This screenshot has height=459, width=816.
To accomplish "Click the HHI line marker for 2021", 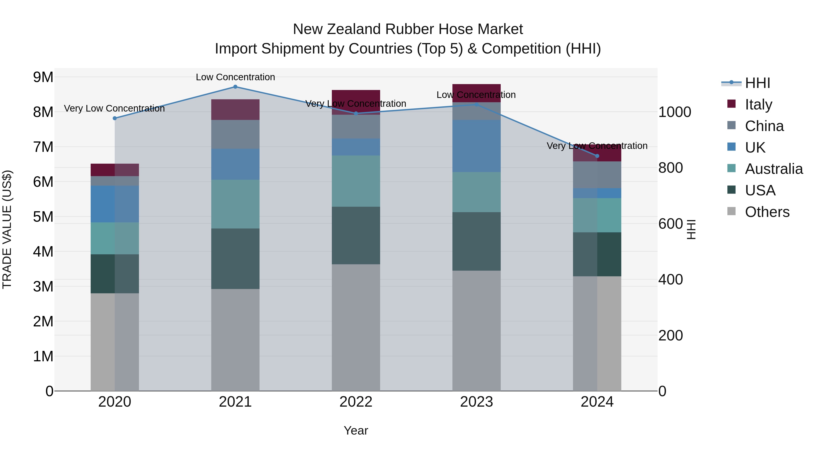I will pyautogui.click(x=235, y=87).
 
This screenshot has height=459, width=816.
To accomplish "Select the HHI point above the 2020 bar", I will pyautogui.click(x=115, y=118).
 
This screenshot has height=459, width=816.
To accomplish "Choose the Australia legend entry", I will pyautogui.click(x=774, y=169).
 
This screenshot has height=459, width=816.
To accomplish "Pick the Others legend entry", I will pyautogui.click(x=767, y=212).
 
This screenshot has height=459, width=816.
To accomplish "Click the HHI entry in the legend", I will pyautogui.click(x=757, y=83).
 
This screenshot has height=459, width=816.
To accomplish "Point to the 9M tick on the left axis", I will pyautogui.click(x=43, y=77).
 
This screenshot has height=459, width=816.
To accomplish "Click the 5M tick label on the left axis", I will pyautogui.click(x=43, y=217).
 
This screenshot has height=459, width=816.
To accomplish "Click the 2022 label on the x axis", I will pyautogui.click(x=356, y=402).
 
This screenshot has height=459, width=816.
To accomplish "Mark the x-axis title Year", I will pyautogui.click(x=356, y=430).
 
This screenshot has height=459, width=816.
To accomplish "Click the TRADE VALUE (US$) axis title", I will pyautogui.click(x=7, y=229).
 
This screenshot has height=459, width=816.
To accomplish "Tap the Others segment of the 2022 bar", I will pyautogui.click(x=356, y=327).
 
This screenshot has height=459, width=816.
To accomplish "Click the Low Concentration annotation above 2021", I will pyautogui.click(x=235, y=77).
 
